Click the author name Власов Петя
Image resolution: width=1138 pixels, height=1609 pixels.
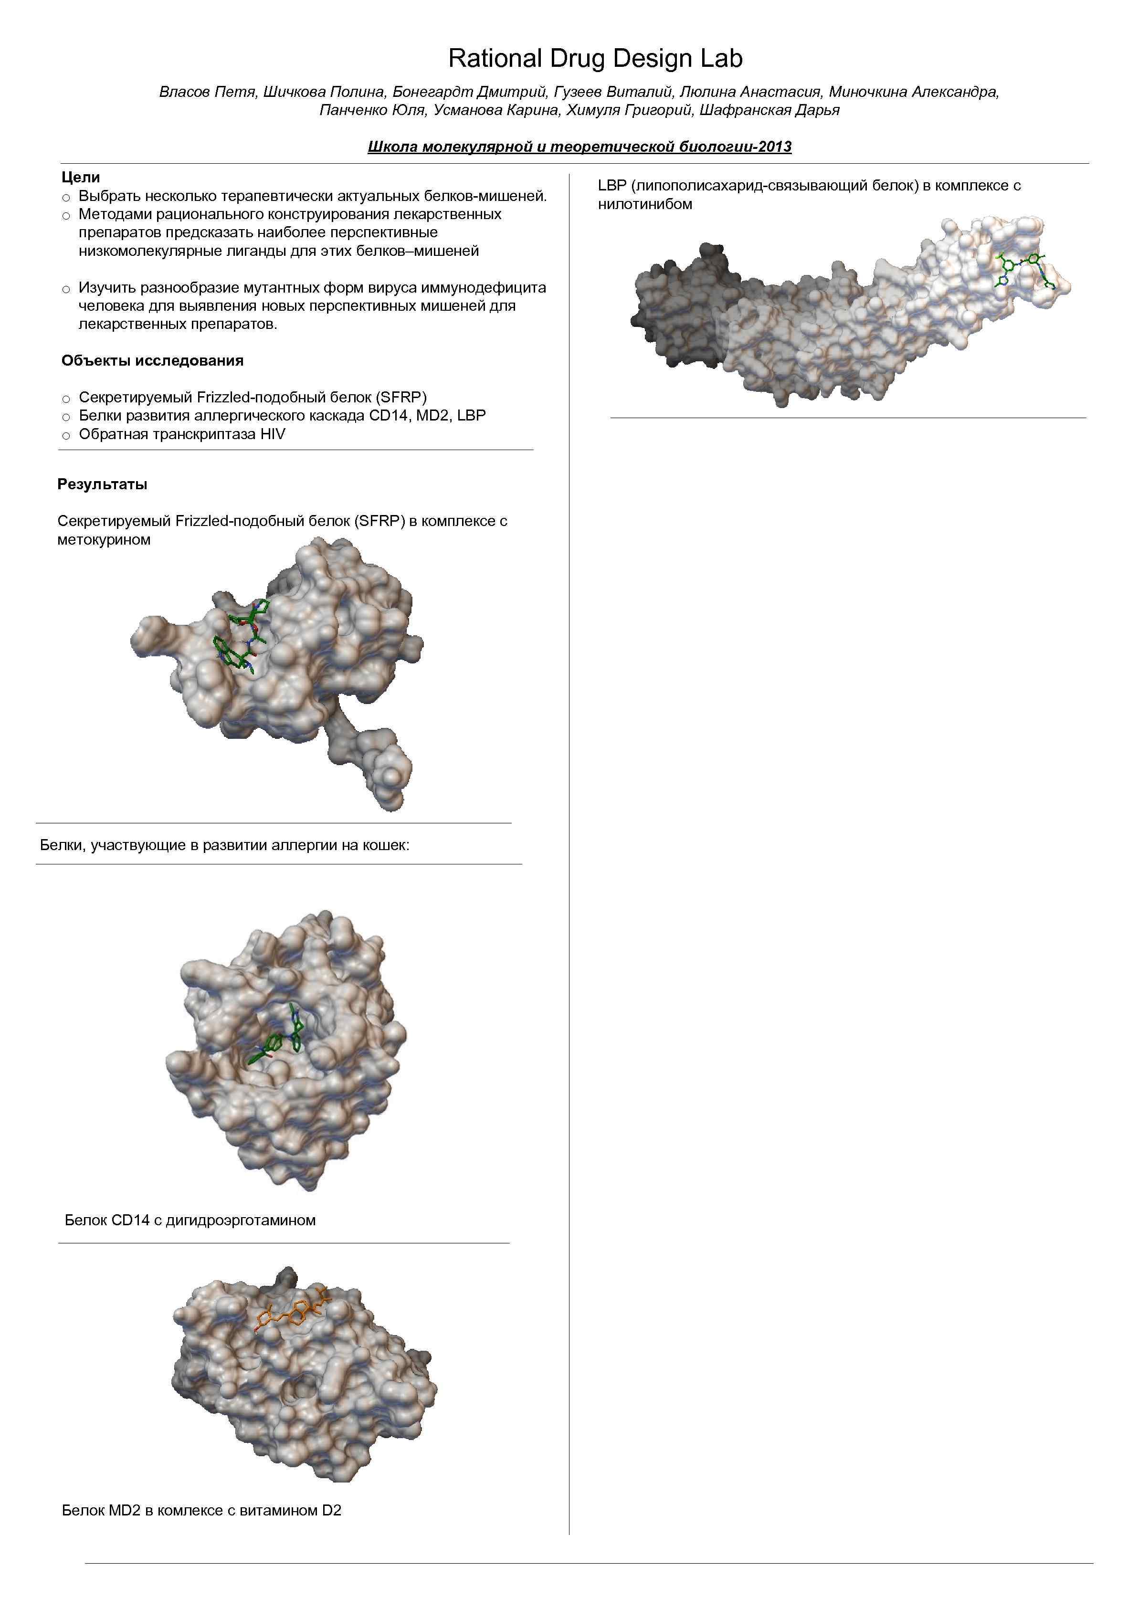[x=206, y=92]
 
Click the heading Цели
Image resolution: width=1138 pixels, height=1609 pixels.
[x=81, y=177]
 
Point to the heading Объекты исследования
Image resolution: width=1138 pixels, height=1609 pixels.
[x=152, y=361]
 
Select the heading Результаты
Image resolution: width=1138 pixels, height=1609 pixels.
[x=102, y=484]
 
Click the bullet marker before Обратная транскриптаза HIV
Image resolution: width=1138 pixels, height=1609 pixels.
[x=66, y=435]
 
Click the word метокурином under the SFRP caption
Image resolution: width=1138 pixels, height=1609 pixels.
[x=104, y=540]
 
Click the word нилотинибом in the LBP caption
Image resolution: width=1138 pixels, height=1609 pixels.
[x=645, y=205]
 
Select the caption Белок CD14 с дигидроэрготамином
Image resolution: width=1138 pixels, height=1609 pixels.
[x=190, y=1220]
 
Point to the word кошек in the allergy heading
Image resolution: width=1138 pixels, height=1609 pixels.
[x=385, y=845]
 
